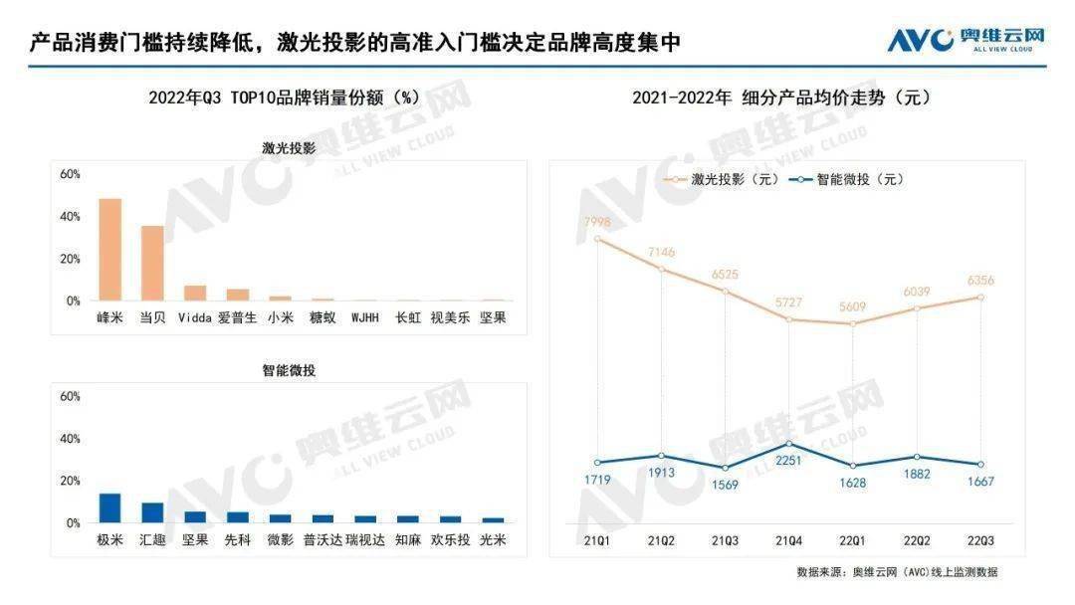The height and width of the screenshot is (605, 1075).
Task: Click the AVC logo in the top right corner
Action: [966, 39]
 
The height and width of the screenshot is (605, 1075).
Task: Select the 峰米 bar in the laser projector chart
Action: [109, 250]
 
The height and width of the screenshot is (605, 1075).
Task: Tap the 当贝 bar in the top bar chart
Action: [152, 263]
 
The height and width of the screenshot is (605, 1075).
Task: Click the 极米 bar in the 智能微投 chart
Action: [109, 507]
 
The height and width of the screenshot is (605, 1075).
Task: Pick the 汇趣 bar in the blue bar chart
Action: [152, 512]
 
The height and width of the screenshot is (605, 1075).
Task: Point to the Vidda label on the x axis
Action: [195, 317]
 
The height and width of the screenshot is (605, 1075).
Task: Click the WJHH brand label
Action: [364, 317]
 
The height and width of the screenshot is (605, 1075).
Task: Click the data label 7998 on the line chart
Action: [596, 221]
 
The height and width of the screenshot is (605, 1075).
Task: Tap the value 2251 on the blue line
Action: [788, 460]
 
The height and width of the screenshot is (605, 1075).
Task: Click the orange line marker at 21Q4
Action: [788, 319]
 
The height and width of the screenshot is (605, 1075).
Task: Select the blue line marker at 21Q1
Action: [597, 463]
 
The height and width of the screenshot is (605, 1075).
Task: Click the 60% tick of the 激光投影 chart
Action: [70, 174]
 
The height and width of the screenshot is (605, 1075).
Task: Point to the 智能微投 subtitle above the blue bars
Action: [289, 370]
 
